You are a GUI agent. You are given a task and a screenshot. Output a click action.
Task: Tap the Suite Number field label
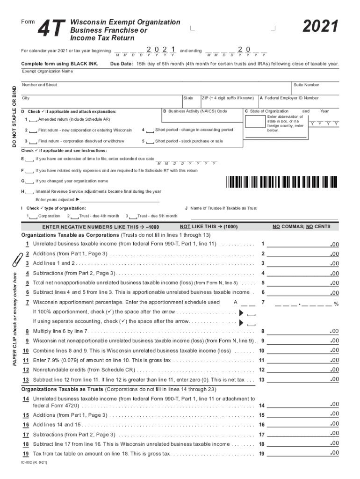[x=306, y=85]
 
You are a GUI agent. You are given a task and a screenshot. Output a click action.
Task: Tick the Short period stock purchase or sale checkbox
[x=149, y=141]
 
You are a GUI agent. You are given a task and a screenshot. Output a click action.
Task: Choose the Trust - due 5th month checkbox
[x=132, y=216]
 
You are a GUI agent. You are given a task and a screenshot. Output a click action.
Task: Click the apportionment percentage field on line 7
[x=304, y=303]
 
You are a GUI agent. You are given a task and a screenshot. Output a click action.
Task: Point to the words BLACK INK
[x=86, y=64]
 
